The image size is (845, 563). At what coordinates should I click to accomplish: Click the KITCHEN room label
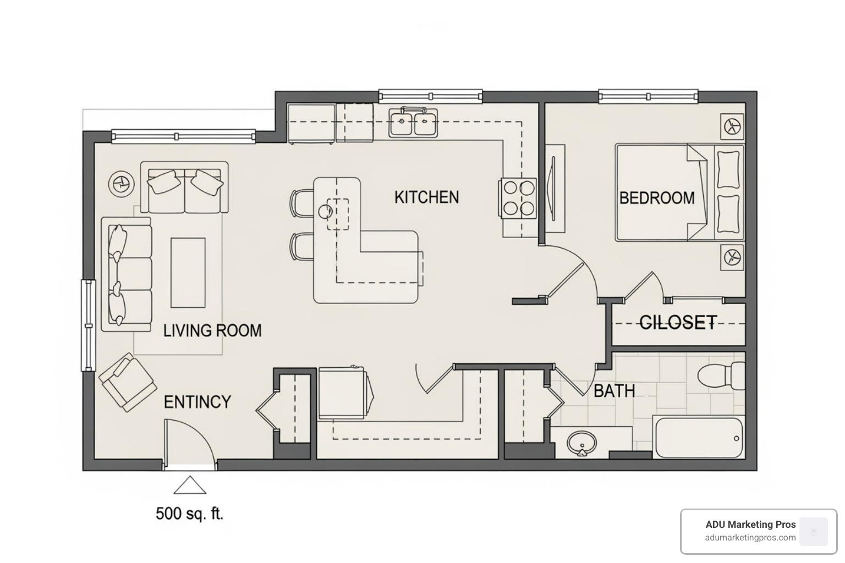pyautogui.click(x=426, y=197)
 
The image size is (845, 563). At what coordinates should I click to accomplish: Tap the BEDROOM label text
pyautogui.click(x=657, y=198)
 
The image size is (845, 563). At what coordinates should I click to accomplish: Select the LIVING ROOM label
pyautogui.click(x=212, y=330)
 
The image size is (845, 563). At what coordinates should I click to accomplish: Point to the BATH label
pyautogui.click(x=614, y=391)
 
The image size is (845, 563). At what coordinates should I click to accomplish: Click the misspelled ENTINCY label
pyautogui.click(x=197, y=402)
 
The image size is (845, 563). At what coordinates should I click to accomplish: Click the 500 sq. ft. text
pyautogui.click(x=189, y=514)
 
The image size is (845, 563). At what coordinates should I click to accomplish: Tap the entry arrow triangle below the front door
pyautogui.click(x=190, y=486)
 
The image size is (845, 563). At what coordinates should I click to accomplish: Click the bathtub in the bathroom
pyautogui.click(x=699, y=438)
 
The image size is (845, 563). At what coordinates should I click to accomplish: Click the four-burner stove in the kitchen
pyautogui.click(x=519, y=198)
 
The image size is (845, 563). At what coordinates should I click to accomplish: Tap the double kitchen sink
pyautogui.click(x=413, y=123)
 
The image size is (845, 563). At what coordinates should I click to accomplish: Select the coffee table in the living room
pyautogui.click(x=188, y=272)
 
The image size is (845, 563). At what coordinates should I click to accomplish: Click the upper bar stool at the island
pyautogui.click(x=301, y=202)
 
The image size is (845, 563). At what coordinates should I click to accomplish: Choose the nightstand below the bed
pyautogui.click(x=732, y=257)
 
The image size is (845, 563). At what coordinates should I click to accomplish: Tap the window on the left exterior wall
pyautogui.click(x=88, y=325)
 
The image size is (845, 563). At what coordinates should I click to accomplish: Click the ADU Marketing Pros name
pyautogui.click(x=750, y=525)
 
